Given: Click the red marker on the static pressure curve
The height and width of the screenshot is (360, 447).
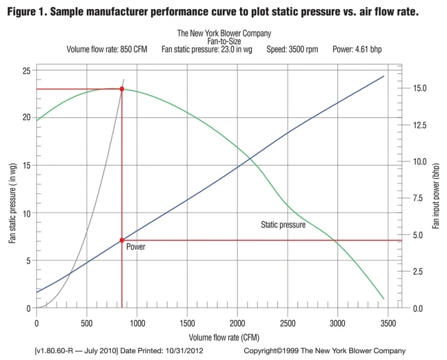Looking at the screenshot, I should point(121,89).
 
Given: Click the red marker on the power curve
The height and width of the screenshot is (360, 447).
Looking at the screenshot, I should point(121,240).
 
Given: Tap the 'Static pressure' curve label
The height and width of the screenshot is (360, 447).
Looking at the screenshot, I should point(283,225).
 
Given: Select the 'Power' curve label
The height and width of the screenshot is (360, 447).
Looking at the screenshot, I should point(135,247).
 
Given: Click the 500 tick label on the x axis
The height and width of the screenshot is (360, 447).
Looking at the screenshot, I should point(87,323).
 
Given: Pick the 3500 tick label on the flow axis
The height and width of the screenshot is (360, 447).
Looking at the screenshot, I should point(388,323).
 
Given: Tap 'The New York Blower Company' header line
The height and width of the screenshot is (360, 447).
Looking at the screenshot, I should point(224,33).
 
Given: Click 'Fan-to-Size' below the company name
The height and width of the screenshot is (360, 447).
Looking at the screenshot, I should point(224,41).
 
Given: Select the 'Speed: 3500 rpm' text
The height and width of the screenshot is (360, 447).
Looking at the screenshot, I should point(292,49).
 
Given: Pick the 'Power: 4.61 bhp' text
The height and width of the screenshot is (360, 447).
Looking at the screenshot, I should point(357,49).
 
